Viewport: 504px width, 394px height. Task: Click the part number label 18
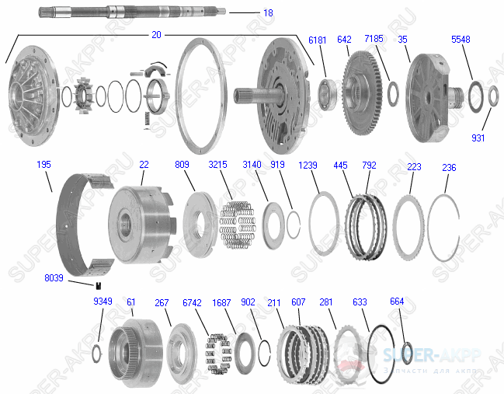coord(268,13)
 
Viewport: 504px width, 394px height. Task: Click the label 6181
coord(318,39)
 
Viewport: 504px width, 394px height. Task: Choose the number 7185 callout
coord(374,39)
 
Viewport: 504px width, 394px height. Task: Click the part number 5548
coord(461,39)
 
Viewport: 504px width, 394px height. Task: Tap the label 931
coord(478,138)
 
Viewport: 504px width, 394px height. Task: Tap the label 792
coord(370,166)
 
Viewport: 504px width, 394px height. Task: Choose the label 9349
coord(103,302)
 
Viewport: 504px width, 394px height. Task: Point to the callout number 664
coord(397,302)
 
